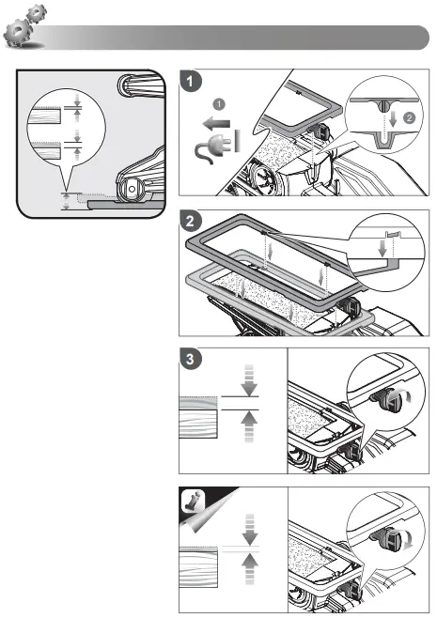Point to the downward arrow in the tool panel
coord(250,528)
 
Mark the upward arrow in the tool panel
coord(250,567)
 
